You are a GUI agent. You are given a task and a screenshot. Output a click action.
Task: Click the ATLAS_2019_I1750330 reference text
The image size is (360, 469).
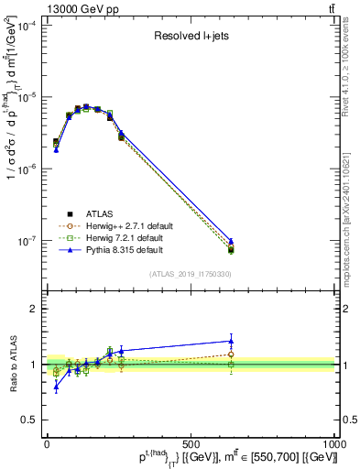tap(190, 273)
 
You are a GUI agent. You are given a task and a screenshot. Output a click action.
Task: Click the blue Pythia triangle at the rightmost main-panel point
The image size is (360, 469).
tap(231, 241)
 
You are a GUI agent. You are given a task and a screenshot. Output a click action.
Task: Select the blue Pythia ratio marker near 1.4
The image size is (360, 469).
tap(231, 341)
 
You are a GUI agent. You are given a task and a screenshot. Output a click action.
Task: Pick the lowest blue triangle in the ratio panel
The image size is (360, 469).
tap(56, 387)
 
